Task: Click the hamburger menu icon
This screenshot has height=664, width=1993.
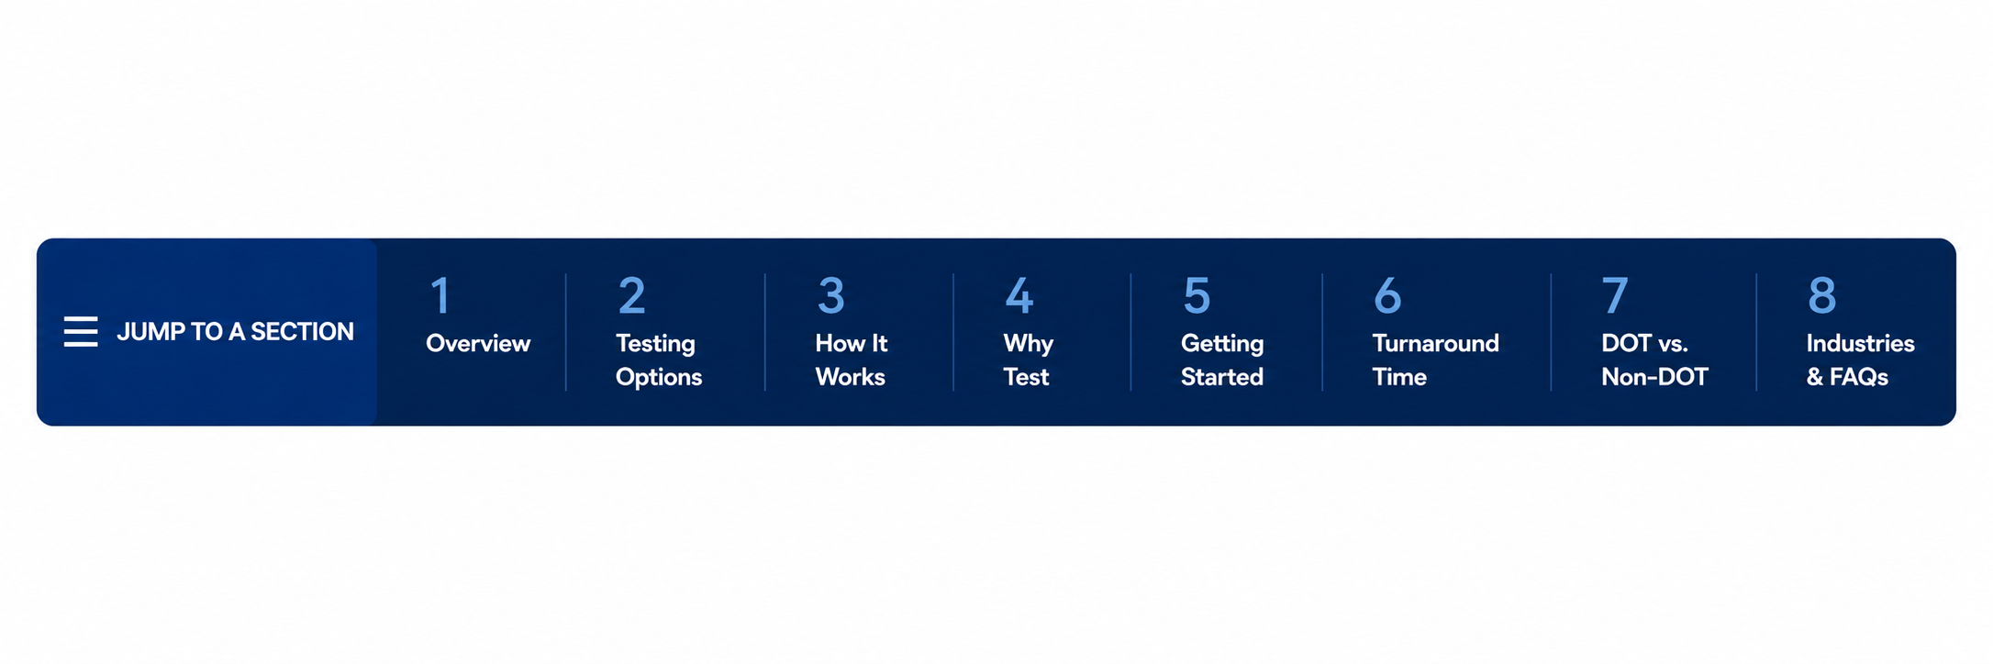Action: click(81, 331)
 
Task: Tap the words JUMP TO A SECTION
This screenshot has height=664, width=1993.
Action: click(235, 331)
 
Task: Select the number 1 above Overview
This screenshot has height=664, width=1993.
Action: click(440, 295)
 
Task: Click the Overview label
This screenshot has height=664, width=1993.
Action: click(478, 343)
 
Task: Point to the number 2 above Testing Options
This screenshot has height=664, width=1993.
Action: click(631, 295)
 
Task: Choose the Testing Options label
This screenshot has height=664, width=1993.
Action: click(659, 360)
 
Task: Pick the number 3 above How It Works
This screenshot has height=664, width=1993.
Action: click(830, 295)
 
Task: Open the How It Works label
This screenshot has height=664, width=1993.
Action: click(852, 360)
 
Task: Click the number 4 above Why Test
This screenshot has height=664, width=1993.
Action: click(1019, 295)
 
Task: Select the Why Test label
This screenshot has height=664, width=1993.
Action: click(1028, 360)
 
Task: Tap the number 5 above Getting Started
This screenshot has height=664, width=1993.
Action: click(1197, 295)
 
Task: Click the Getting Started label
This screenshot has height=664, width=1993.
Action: click(1222, 360)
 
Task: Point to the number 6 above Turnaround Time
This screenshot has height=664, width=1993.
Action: click(1387, 295)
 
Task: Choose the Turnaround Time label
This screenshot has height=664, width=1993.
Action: click(1435, 360)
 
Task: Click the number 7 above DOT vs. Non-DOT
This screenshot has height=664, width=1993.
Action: click(1615, 295)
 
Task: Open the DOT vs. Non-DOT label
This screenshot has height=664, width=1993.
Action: click(1654, 360)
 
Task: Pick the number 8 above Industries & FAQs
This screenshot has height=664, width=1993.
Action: click(1821, 295)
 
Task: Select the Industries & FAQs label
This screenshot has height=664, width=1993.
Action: click(1860, 360)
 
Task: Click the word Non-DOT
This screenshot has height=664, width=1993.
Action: click(1654, 377)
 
